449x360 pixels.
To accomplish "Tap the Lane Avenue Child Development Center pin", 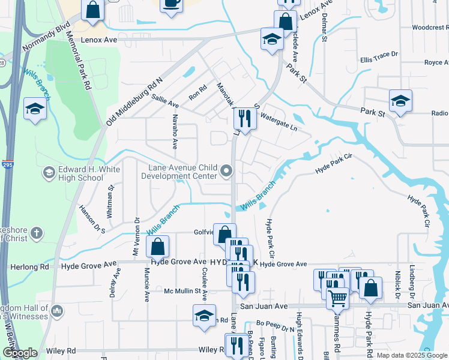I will pos(227,172).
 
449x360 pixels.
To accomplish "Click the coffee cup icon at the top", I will pos(172,4).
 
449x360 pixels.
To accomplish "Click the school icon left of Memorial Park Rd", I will pos(35,109).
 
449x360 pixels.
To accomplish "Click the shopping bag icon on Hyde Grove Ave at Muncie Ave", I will pos(157,246).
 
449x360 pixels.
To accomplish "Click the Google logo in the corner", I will pos(19,353).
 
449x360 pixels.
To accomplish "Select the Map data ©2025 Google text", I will pos(412,355).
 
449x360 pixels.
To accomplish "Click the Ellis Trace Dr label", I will pos(379,55).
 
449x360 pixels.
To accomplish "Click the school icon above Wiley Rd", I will pos(204,314).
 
